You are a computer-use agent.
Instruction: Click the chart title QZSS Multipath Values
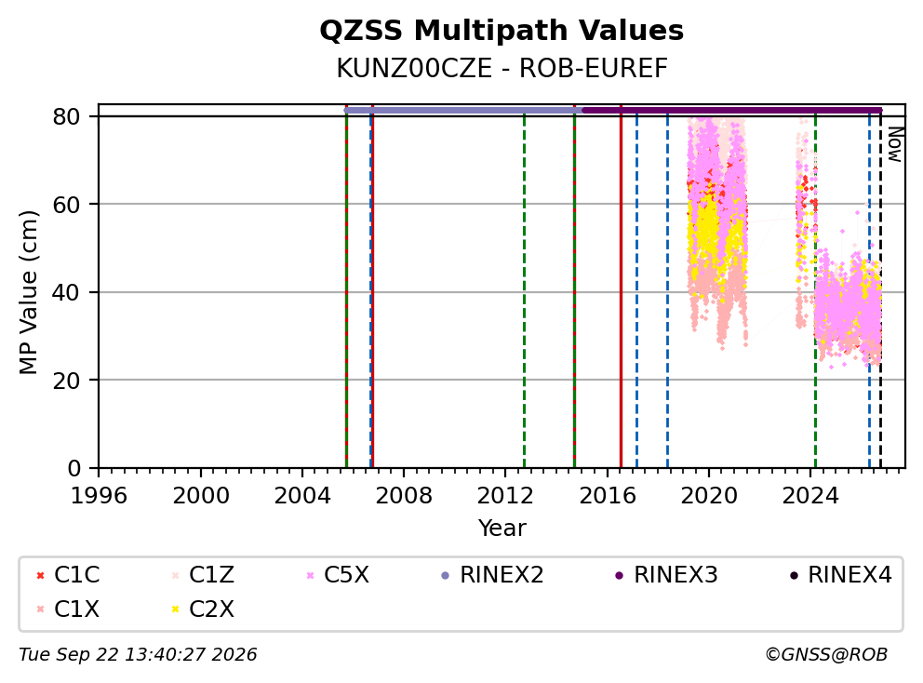502,31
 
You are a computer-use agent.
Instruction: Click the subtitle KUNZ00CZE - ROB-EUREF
502,69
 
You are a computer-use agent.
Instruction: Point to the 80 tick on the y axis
66,116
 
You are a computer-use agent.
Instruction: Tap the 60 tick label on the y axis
66,205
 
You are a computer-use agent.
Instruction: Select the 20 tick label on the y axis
66,381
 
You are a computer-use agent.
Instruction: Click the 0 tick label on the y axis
74,468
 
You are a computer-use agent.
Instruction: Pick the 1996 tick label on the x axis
99,496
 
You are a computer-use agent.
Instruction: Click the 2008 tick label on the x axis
404,496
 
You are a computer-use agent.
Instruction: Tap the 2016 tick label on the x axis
608,496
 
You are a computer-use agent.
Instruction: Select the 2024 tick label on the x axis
810,496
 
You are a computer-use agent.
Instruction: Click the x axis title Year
502,529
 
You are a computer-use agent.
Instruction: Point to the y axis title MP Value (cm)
28,292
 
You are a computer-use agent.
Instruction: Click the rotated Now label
895,145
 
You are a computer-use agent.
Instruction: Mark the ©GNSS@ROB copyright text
826,655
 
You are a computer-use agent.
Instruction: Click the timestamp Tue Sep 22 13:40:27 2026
138,655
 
